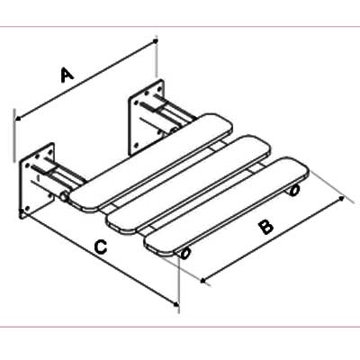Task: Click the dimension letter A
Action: point(67,75)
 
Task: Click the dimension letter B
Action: point(265,227)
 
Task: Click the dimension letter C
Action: point(101,247)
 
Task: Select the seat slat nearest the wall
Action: point(151,161)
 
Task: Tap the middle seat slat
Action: point(189,184)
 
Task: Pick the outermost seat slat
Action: point(227,206)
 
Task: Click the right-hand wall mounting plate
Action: point(147,117)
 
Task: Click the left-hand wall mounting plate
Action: point(37,182)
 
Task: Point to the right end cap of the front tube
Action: point(294,191)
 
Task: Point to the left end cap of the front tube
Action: point(184,254)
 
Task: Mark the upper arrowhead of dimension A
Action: point(155,40)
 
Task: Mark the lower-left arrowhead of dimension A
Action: point(18,118)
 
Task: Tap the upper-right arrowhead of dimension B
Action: point(341,198)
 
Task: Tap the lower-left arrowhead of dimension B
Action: point(203,281)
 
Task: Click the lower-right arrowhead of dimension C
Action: point(175,303)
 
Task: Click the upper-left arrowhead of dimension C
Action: point(22,212)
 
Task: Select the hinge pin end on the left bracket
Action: point(64,197)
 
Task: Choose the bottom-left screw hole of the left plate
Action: point(27,209)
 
